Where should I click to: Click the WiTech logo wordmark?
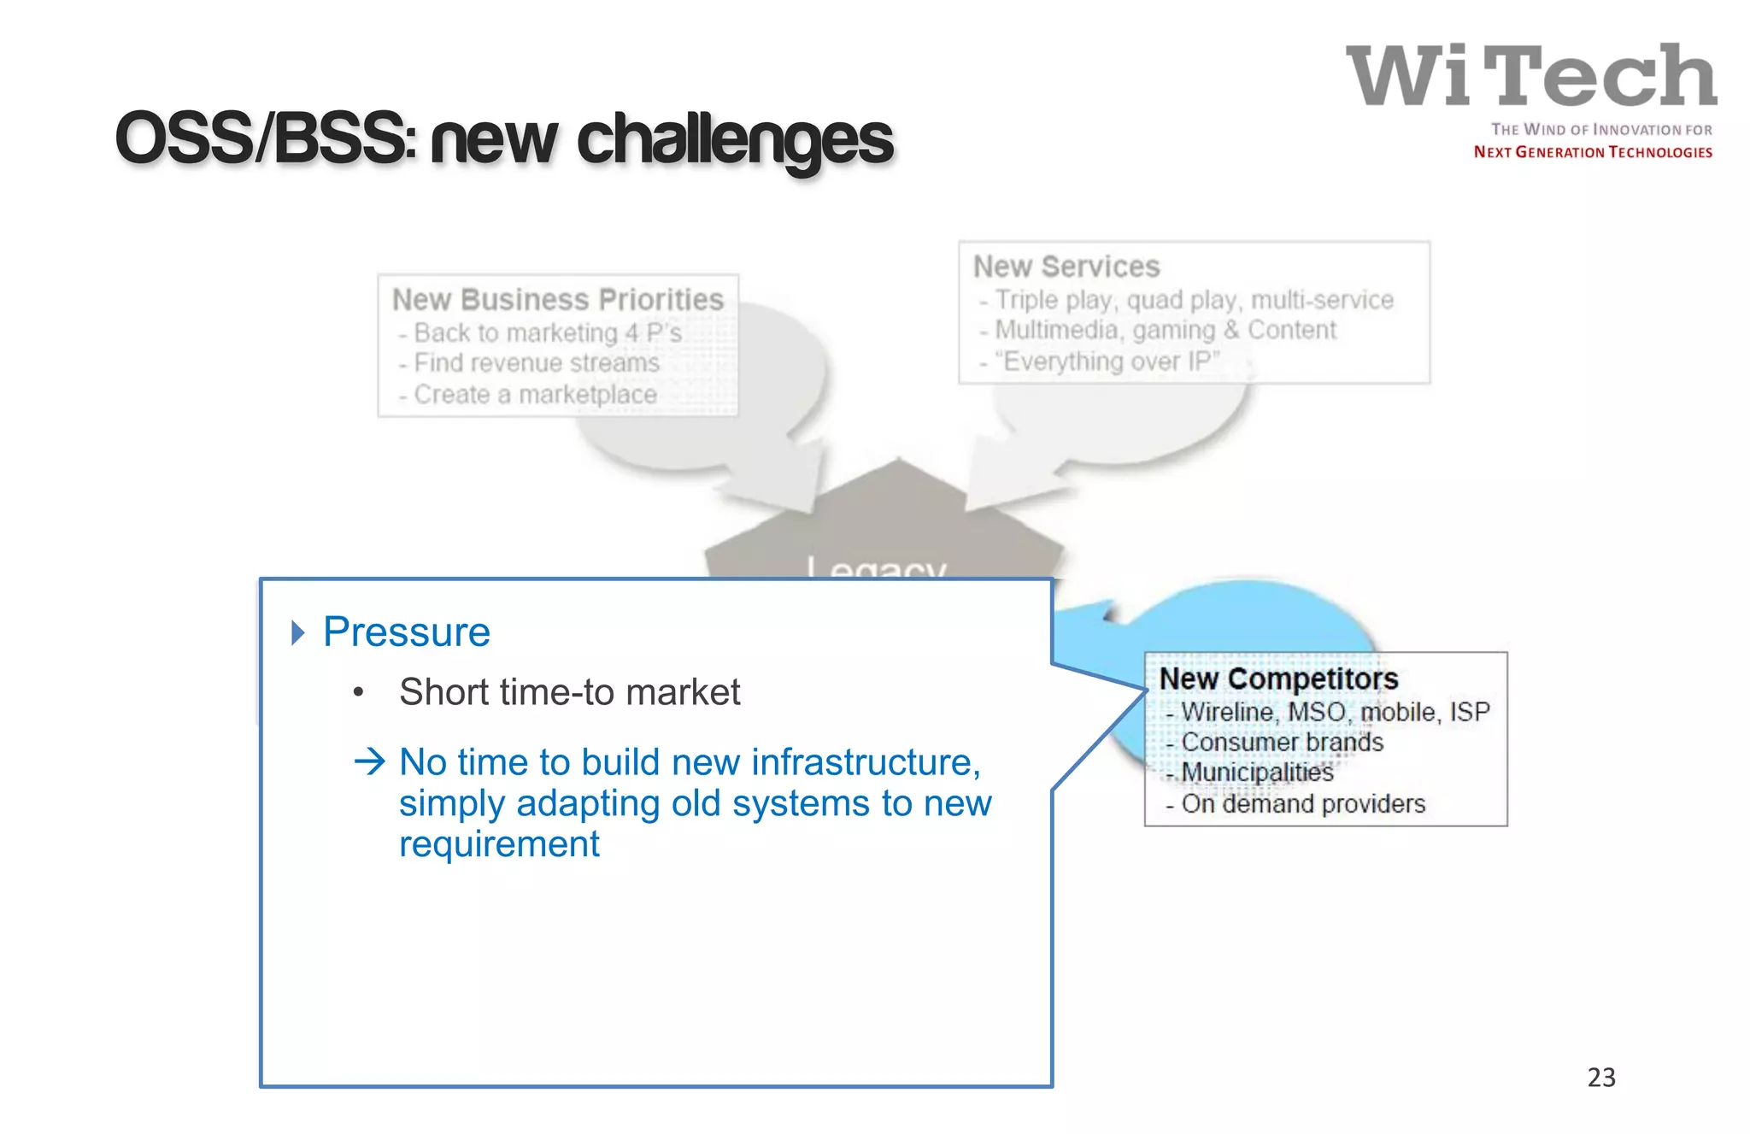[1530, 76]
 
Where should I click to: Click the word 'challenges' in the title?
[735, 141]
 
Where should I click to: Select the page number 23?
[1600, 1077]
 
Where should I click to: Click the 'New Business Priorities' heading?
[557, 300]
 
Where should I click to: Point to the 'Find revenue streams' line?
[536, 363]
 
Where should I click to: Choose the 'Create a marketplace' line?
[534, 395]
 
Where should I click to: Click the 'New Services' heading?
[1066, 267]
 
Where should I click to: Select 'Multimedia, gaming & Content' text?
[1165, 330]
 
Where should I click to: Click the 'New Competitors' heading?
[1278, 679]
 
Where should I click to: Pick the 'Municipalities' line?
[1256, 773]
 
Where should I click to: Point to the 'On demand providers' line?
[1302, 804]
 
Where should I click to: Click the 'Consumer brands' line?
[1281, 742]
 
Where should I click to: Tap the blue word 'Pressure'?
[407, 632]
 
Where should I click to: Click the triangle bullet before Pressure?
[297, 633]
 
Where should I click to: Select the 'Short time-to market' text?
[569, 692]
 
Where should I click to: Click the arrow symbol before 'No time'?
[370, 761]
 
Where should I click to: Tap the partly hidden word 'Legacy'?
[877, 567]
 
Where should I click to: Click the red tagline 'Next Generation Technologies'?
[1592, 152]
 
